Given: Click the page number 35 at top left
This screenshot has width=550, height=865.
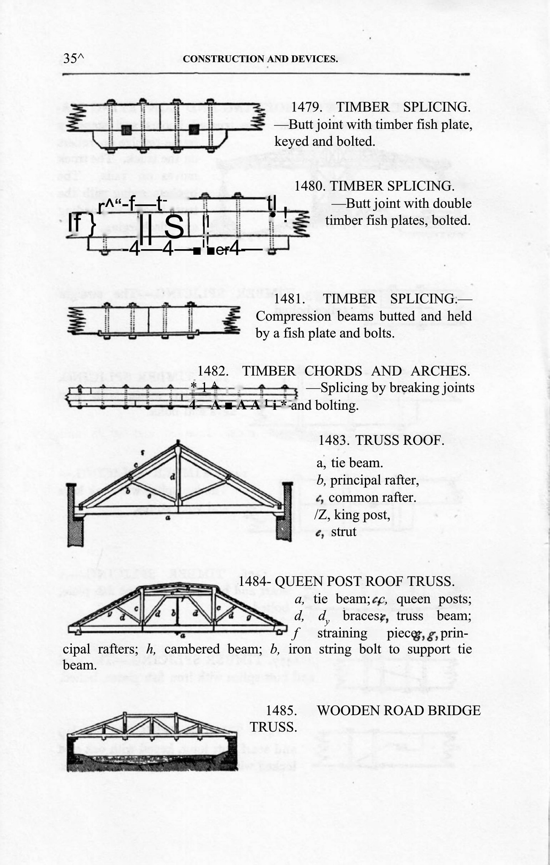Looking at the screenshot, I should point(70,59).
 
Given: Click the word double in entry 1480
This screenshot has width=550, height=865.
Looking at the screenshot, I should point(451,204).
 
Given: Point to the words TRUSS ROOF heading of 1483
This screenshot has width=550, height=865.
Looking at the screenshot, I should point(400,441).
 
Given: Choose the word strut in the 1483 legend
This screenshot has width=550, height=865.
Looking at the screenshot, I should point(344,532).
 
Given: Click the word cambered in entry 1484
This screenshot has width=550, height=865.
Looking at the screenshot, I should point(192,649).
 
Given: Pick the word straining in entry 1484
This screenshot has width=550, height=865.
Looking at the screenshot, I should point(342,634).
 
